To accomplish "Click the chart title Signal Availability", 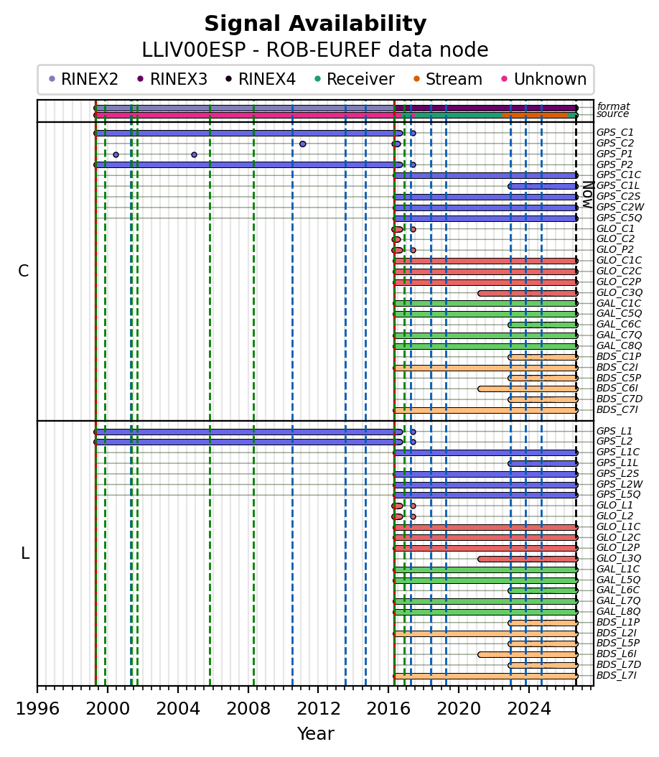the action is tap(316, 24).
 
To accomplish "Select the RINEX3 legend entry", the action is tap(172, 79).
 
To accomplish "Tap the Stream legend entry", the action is tap(448, 79).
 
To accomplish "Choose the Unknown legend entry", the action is tap(544, 79).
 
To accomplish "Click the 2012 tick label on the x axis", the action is tap(318, 709).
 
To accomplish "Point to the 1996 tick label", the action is tap(37, 709).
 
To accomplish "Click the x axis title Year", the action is tap(316, 734).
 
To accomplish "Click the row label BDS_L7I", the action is tap(617, 675).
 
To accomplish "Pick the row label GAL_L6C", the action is tap(618, 590).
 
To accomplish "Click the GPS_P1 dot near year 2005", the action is tap(194, 155).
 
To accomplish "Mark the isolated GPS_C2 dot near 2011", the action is tap(302, 144).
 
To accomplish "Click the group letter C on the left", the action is tap(23, 271).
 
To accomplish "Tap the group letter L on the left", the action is tap(26, 553).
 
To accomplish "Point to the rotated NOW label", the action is tap(588, 195).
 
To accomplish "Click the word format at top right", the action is tap(614, 106).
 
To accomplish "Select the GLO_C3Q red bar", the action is tap(528, 293).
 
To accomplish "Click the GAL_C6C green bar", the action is tap(543, 325).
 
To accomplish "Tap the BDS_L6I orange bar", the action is tap(528, 654).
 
